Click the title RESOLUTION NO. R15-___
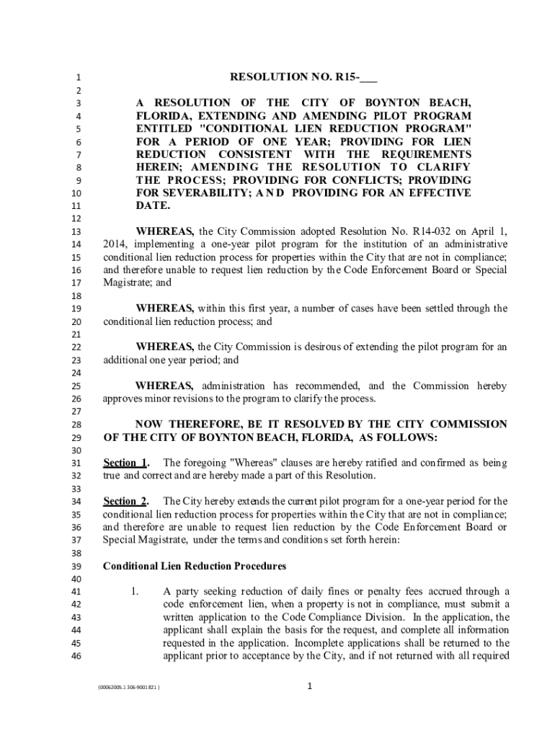tap(303, 77)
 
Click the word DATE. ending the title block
tap(154, 206)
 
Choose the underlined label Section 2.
tap(126, 501)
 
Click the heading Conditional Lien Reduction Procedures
tap(195, 566)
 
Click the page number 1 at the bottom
tap(308, 687)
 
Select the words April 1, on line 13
tap(489, 232)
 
